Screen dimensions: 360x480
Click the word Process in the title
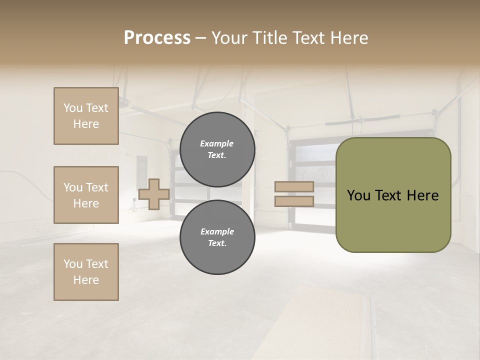pyautogui.click(x=157, y=38)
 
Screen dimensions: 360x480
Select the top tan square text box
pyautogui.click(x=86, y=116)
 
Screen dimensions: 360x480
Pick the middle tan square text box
pyautogui.click(x=86, y=195)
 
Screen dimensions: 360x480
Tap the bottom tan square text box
pyautogui.click(x=86, y=272)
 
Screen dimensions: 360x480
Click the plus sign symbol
pyautogui.click(x=153, y=194)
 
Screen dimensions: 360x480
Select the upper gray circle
pyautogui.click(x=217, y=149)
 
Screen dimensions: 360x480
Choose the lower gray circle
pyautogui.click(x=217, y=237)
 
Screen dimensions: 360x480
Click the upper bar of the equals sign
pyautogui.click(x=294, y=187)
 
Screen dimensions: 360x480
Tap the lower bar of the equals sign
pyautogui.click(x=294, y=201)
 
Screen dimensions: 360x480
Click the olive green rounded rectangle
pyautogui.click(x=393, y=195)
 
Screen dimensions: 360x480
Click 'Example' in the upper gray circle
pyautogui.click(x=217, y=143)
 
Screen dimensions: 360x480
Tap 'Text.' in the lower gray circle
pyautogui.click(x=217, y=243)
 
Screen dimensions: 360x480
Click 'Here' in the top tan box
pyautogui.click(x=86, y=124)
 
